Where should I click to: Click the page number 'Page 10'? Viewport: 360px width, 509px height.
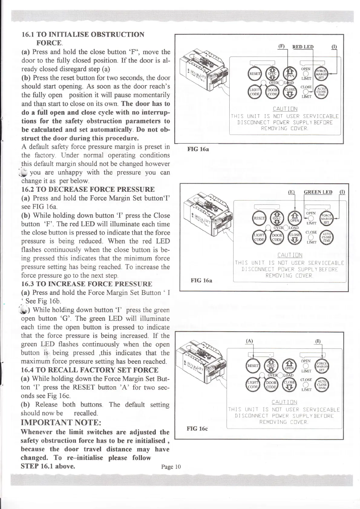point(171,467)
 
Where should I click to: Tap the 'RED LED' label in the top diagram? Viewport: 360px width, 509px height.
point(303,47)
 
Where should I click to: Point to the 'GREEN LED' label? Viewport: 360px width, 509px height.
point(318,192)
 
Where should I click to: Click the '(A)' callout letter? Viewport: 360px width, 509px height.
point(250,340)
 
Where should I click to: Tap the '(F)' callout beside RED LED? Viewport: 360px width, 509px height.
point(281,47)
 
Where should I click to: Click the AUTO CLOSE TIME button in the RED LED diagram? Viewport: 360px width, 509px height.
point(322,92)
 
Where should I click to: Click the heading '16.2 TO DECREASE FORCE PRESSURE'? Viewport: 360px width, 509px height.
point(88,190)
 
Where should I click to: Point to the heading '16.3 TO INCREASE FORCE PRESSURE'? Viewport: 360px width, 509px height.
point(87,284)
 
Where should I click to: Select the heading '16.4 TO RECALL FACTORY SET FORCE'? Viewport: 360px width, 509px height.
point(90,370)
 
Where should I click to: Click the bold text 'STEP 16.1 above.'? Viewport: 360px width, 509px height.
point(48,466)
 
